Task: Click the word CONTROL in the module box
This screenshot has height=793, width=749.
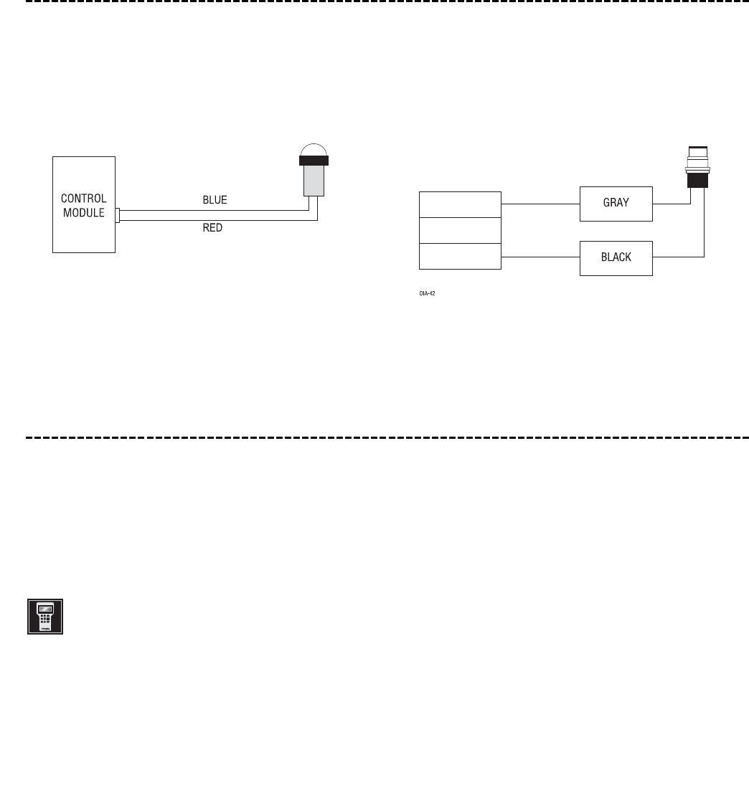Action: [84, 199]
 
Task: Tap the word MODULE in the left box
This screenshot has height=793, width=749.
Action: [84, 213]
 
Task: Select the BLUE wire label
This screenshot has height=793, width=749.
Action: [215, 201]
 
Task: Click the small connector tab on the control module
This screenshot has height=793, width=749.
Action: [118, 215]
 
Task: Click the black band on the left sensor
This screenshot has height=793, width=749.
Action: [314, 161]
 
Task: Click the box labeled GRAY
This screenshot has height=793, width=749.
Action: [616, 203]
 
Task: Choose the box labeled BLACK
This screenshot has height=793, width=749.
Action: [616, 257]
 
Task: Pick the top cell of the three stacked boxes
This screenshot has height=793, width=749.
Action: [460, 204]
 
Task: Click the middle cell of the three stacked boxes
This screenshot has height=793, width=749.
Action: [460, 230]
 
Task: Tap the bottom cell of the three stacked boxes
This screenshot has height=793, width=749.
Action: [460, 256]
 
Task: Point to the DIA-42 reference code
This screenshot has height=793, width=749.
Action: [428, 293]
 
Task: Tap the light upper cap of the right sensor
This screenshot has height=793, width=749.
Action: [698, 153]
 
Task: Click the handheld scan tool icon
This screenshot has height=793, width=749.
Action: [45, 617]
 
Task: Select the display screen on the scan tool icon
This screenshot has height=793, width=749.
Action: [45, 609]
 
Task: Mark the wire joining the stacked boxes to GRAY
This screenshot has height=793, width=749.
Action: [540, 204]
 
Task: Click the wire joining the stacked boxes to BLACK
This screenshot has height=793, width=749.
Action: [540, 257]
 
